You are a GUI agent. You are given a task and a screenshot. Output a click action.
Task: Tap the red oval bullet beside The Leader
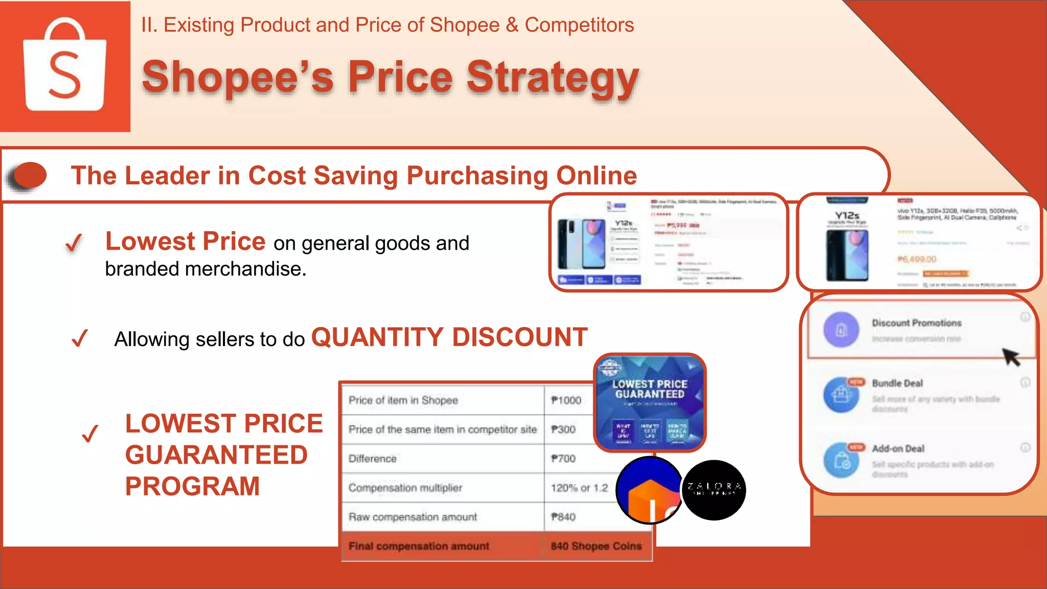click(29, 175)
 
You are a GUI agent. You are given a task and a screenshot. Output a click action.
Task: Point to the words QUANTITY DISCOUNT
click(449, 337)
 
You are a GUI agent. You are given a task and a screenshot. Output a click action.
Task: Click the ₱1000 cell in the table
click(566, 400)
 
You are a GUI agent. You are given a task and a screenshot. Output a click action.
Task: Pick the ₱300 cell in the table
click(563, 429)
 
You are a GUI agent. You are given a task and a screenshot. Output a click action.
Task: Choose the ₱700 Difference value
click(563, 459)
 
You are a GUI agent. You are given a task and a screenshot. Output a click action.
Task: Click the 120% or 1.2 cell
click(579, 488)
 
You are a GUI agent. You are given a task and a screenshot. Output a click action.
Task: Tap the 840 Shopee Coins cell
click(596, 546)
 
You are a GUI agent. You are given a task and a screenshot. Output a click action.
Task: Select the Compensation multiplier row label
click(405, 488)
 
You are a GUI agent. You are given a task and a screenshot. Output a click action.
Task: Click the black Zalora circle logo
click(714, 490)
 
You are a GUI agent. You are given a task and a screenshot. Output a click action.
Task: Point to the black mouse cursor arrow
click(1011, 356)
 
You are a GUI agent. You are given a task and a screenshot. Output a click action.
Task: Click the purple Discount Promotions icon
click(841, 330)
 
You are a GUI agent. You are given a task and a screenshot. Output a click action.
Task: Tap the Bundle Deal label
click(897, 383)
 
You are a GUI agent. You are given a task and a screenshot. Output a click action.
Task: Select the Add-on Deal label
click(898, 449)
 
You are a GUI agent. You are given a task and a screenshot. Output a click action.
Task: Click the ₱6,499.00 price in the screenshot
click(917, 259)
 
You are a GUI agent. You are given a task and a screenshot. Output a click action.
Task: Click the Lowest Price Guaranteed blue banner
click(650, 402)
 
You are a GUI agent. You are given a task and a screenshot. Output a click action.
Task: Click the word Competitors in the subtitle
click(579, 25)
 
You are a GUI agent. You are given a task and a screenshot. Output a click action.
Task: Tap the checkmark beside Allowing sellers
click(80, 338)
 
